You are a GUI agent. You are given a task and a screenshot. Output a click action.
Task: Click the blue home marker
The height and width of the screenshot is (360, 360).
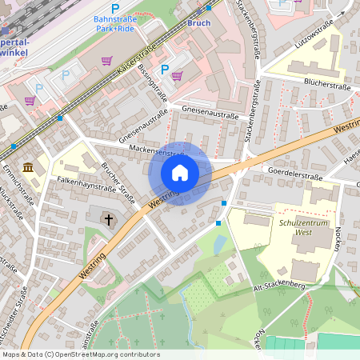click(180, 172)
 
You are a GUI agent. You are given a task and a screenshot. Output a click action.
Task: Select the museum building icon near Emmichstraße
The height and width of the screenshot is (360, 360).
click(29, 167)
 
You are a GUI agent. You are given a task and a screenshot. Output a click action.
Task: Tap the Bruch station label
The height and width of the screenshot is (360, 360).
click(198, 23)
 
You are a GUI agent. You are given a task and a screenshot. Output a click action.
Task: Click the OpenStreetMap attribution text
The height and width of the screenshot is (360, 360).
click(80, 354)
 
